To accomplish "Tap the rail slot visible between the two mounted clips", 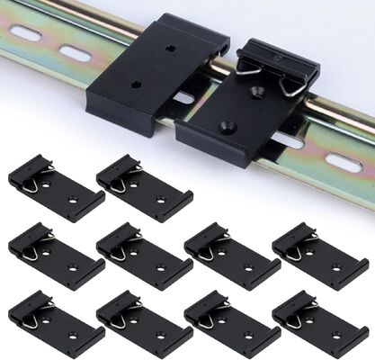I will click(183, 96).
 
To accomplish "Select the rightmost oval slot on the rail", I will click(346, 162).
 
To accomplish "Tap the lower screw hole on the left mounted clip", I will click(136, 85).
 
